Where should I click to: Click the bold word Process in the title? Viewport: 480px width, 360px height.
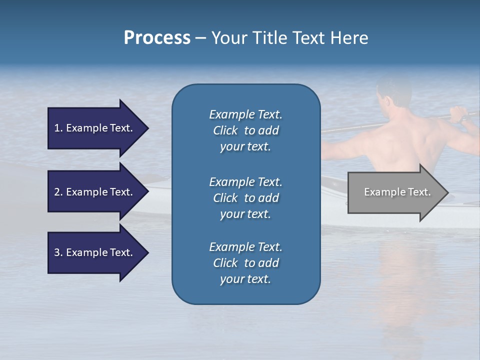157,38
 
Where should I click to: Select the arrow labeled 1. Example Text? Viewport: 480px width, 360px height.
93,128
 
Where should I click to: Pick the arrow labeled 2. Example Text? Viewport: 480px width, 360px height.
93,192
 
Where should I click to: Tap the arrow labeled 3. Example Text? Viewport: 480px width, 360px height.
93,252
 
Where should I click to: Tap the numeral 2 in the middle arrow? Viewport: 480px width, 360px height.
57,192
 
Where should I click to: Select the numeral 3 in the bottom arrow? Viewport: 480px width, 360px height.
57,252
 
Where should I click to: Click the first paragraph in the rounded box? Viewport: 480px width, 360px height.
245,130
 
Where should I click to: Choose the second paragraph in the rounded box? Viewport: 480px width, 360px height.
245,198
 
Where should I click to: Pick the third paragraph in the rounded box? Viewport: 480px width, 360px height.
245,263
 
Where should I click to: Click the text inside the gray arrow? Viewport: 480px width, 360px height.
397,192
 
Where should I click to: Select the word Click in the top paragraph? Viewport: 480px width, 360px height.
225,130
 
